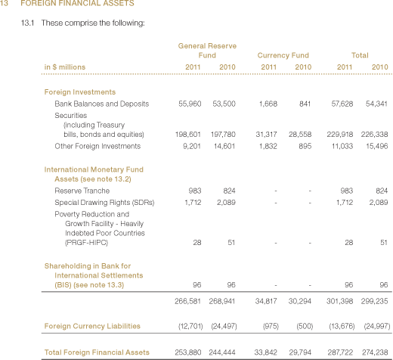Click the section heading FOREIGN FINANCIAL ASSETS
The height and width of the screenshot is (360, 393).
(x=77, y=3)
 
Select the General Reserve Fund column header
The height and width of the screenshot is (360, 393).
(x=207, y=51)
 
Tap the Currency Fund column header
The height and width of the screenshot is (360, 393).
(x=283, y=55)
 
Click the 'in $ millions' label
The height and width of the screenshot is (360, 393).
(x=65, y=67)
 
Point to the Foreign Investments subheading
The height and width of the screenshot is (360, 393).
(x=80, y=92)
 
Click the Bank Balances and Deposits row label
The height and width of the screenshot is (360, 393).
(x=102, y=104)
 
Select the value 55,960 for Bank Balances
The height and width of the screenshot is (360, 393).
(x=190, y=104)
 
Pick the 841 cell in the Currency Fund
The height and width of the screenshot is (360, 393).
(x=305, y=104)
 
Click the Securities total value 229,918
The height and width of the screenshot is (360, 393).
(x=340, y=135)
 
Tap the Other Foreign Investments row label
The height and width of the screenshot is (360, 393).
(x=97, y=146)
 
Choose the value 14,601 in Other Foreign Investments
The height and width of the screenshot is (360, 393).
(x=224, y=146)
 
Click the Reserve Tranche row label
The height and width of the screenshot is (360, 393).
(x=82, y=191)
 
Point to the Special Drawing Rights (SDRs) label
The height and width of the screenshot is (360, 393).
(x=104, y=203)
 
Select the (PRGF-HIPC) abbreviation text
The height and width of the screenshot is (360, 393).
(x=86, y=243)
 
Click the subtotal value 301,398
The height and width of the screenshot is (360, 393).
(x=339, y=301)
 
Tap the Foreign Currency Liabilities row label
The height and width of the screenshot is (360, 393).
(x=92, y=326)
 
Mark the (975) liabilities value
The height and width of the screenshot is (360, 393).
(x=271, y=326)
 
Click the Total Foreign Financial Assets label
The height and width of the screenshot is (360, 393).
(x=97, y=352)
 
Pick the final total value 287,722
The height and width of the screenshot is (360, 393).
(x=340, y=352)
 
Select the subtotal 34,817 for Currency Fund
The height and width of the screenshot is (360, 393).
(x=266, y=301)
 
